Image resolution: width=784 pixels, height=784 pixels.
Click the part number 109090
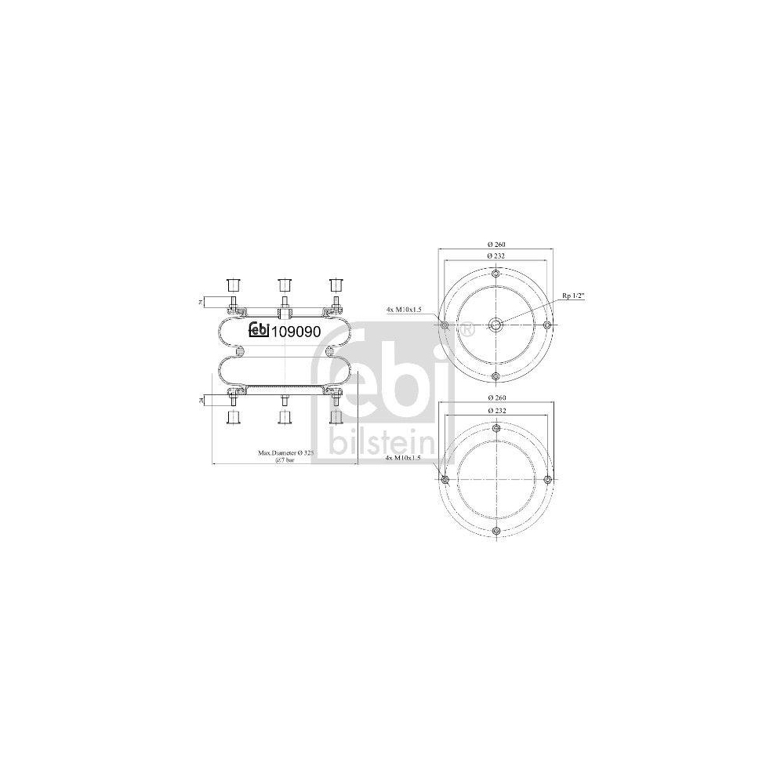click(x=296, y=332)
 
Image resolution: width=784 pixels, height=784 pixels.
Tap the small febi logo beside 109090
click(x=260, y=332)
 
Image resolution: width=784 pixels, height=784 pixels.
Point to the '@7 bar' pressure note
click(x=285, y=461)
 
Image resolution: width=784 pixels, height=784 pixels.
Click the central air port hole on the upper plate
click(x=495, y=325)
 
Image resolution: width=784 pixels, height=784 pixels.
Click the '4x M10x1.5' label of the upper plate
click(x=404, y=310)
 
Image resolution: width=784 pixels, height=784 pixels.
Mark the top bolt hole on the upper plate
click(x=495, y=274)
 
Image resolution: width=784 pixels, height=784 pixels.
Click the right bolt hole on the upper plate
click(x=547, y=325)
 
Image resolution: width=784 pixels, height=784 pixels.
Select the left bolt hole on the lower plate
click(x=445, y=479)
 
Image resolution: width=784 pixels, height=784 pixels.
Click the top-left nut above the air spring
click(x=232, y=283)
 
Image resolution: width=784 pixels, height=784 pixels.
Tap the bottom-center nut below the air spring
click(x=284, y=416)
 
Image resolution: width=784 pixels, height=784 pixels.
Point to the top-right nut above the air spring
click(x=336, y=283)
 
